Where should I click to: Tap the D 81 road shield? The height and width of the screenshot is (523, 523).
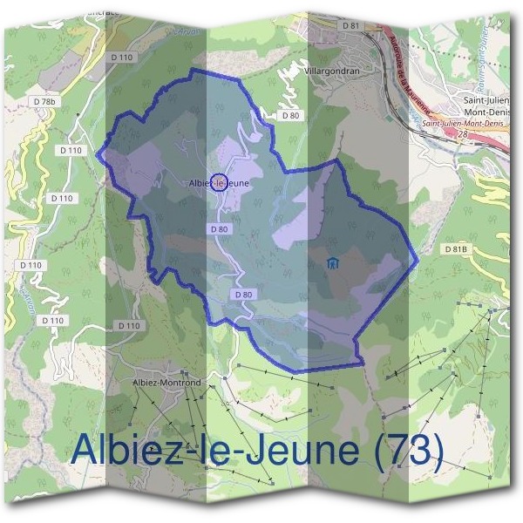(x=351, y=26)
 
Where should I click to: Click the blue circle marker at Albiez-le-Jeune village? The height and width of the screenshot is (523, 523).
(x=219, y=182)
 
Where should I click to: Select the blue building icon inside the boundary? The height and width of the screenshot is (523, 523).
(x=331, y=263)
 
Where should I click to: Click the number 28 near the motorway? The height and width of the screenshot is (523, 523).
(x=462, y=135)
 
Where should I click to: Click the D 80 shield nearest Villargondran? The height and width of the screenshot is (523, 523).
(x=289, y=115)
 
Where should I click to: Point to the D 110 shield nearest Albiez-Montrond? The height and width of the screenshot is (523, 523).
(x=127, y=325)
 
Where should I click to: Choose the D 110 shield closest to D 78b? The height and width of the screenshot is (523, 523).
(x=73, y=150)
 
